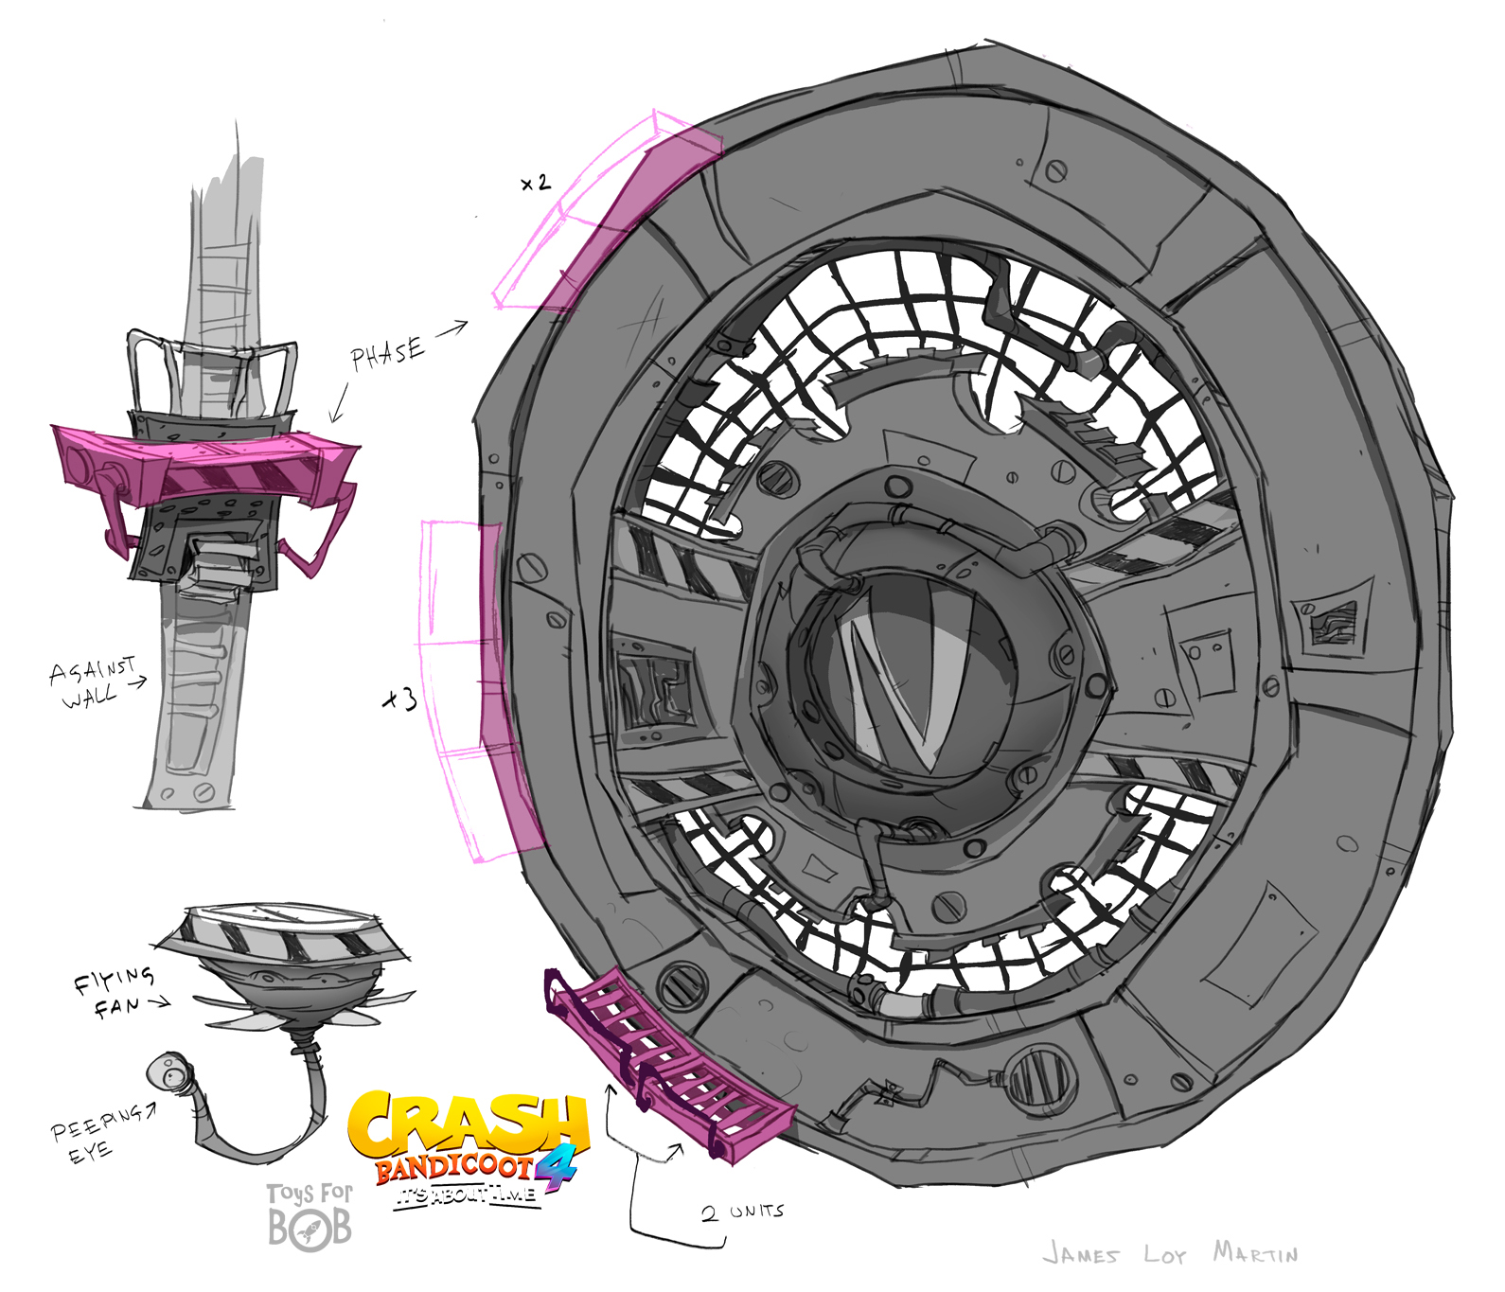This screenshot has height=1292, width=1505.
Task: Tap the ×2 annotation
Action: pyautogui.click(x=536, y=183)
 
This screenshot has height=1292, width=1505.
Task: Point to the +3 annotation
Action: pyautogui.click(x=399, y=699)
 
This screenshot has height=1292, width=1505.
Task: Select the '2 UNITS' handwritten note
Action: pyautogui.click(x=743, y=1212)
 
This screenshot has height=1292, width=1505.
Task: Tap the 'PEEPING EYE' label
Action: pyautogui.click(x=97, y=1132)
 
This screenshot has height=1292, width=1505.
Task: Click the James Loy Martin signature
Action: pyautogui.click(x=1171, y=1254)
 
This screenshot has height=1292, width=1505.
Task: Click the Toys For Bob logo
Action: pyautogui.click(x=310, y=1216)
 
